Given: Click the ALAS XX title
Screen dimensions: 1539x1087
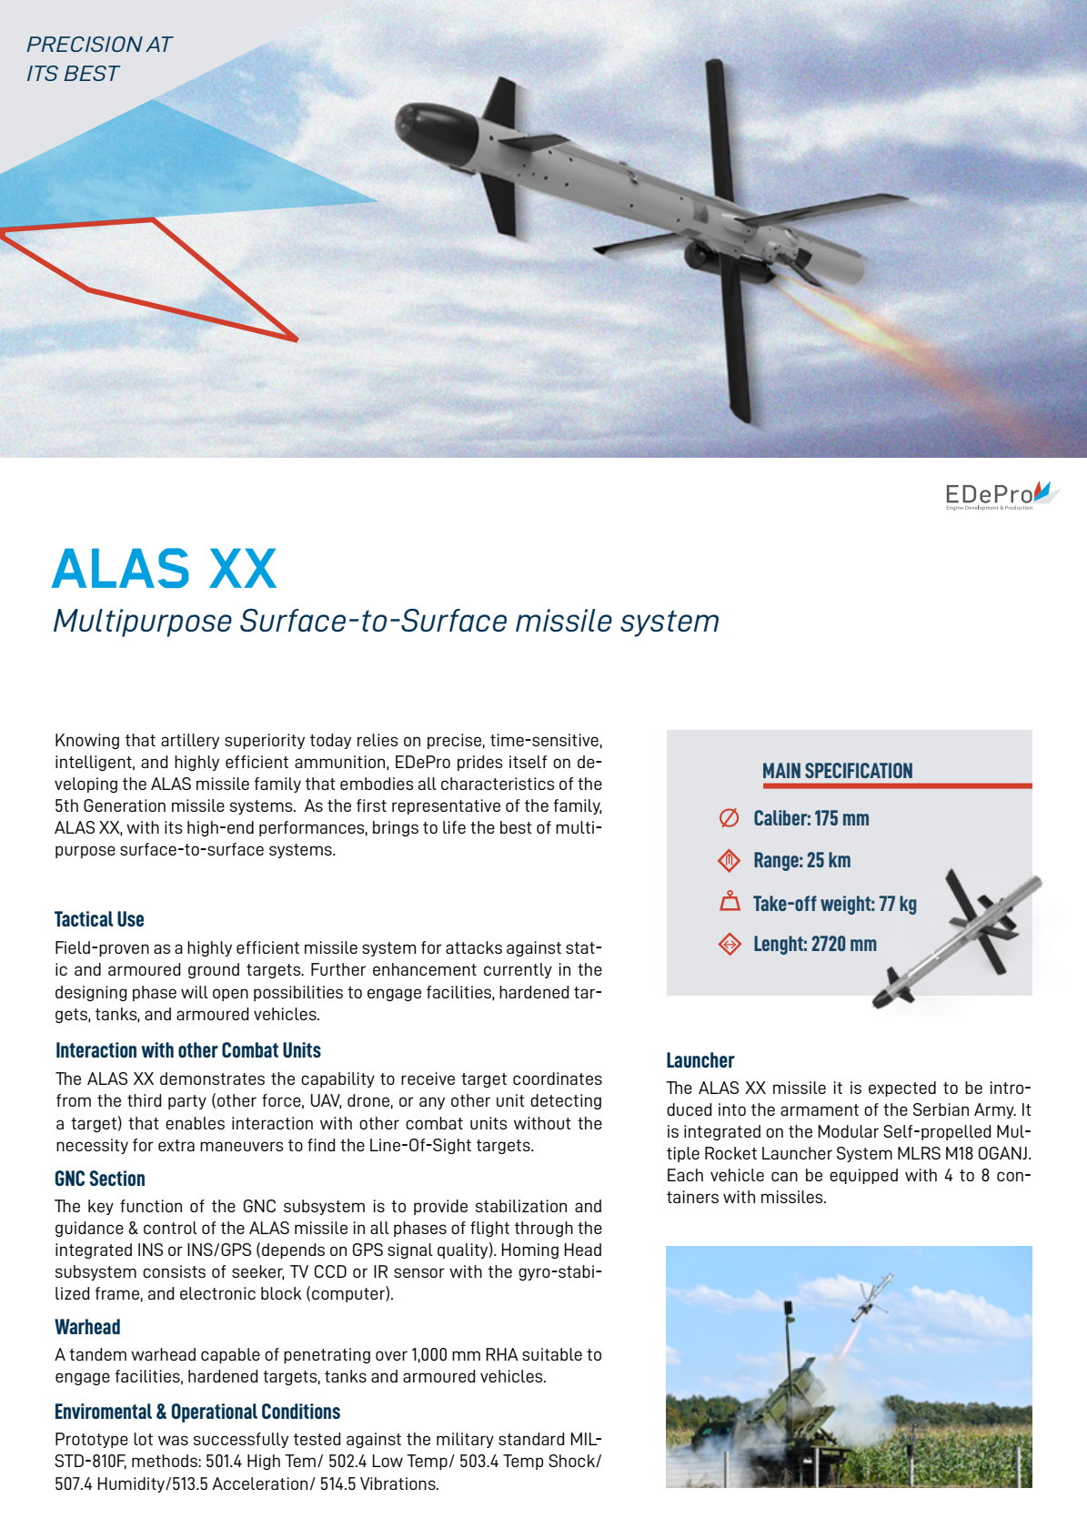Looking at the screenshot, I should [165, 569].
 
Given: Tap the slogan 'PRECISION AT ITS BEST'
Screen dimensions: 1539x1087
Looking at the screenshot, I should [98, 59].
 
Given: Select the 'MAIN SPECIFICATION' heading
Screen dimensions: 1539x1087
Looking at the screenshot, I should [837, 771].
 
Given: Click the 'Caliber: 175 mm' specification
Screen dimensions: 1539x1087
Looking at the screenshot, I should [810, 818].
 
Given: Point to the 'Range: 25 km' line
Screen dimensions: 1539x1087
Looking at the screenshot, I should [801, 860].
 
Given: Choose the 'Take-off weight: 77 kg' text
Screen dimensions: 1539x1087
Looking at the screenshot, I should [834, 904].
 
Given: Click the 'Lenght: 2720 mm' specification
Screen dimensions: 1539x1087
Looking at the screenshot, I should [814, 944].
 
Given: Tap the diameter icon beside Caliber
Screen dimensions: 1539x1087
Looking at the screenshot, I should [729, 818].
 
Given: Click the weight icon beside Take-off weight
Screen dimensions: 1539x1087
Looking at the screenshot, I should [730, 902].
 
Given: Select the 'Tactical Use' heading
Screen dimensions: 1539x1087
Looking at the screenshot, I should [99, 919].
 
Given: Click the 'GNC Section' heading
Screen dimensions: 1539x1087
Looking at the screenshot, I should [100, 1179].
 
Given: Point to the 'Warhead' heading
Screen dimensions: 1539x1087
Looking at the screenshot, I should [87, 1327].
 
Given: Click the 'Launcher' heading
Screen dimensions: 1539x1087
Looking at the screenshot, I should [700, 1060].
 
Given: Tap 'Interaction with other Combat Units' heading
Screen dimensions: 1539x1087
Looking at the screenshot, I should [188, 1050].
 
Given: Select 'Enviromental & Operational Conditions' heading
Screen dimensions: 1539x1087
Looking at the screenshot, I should [197, 1412].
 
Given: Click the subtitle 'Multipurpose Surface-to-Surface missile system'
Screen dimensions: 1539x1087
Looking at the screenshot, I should [386, 621].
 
